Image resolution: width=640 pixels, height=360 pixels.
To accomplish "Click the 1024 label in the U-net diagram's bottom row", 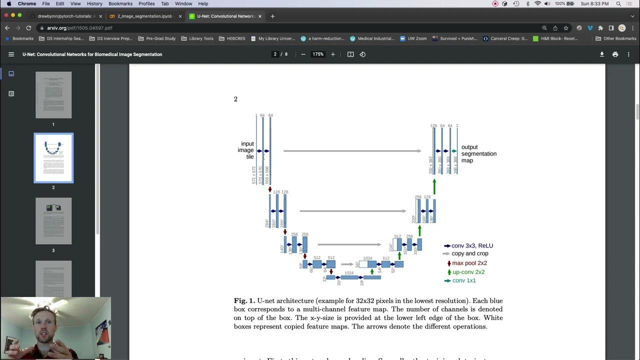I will tap(349, 273).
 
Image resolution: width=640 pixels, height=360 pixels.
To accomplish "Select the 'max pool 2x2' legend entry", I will tap(469, 263).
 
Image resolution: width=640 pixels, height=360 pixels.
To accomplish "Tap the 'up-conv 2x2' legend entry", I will tap(468, 272).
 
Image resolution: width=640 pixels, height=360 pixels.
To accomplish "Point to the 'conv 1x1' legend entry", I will tap(463, 280).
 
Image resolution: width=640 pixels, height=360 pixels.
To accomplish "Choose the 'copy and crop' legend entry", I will tap(469, 253).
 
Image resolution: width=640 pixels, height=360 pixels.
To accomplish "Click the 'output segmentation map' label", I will tap(478, 153).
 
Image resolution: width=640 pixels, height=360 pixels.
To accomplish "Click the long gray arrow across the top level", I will tap(352, 150).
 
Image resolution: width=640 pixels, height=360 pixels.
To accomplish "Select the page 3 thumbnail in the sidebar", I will tap(53, 221).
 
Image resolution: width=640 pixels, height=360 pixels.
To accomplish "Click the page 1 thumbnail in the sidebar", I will tap(53, 95).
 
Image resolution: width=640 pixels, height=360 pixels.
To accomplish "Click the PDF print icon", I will tap(615, 54).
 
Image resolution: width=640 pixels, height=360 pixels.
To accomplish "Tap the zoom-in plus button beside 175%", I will tap(333, 54).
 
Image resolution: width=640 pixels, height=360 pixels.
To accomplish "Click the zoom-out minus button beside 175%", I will tap(303, 54).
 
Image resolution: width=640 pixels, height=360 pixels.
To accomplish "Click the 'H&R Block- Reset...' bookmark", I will tap(555, 38).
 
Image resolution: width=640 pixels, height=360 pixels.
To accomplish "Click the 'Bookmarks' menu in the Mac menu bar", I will tap(120, 3).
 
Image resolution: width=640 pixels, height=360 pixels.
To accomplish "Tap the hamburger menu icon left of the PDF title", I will tap(11, 54).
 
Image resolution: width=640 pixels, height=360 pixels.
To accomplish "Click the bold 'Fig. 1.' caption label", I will tap(244, 301).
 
